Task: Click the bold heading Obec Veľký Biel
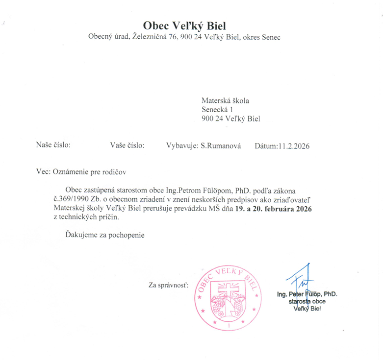tap(184, 25)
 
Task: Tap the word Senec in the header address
tap(271, 37)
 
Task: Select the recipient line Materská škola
tap(225, 100)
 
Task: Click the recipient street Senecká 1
tap(217, 109)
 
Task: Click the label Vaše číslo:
tap(127, 145)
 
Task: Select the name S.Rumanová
tap(221, 145)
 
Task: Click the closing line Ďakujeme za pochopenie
tap(105, 235)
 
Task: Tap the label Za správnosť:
tap(169, 285)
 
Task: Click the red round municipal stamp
tap(227, 298)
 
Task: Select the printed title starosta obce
tap(307, 301)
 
